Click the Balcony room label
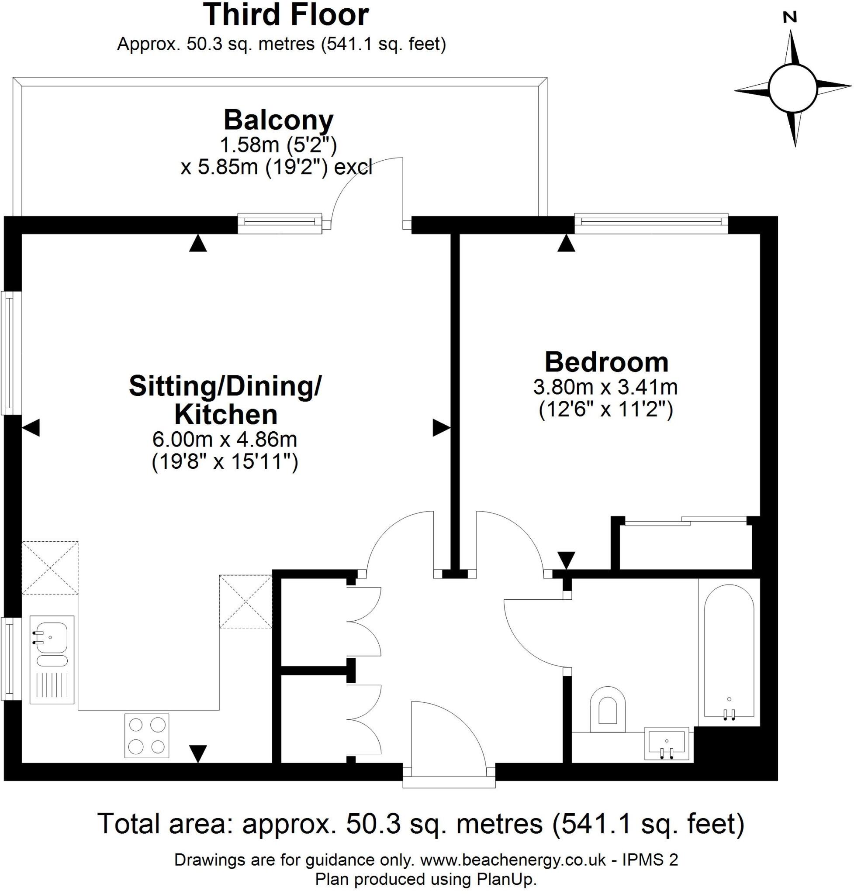278,120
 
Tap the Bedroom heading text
606,363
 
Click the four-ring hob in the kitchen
147,736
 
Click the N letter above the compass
790,18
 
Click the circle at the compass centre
792,87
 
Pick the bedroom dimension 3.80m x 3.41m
605,387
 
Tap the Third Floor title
286,15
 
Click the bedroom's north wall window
651,223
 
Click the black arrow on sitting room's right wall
441,428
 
